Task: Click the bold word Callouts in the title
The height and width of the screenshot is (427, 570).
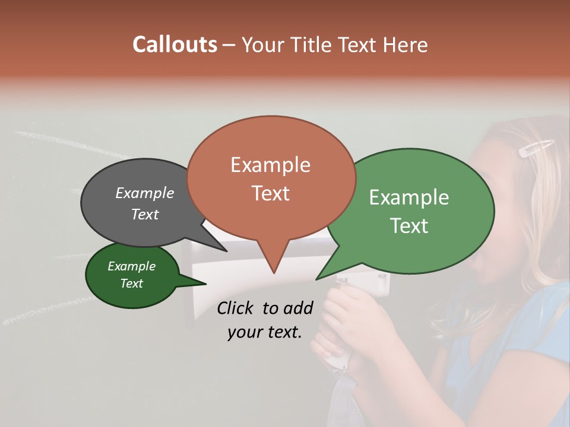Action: pos(175,45)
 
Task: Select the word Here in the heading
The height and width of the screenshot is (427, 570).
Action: pos(406,45)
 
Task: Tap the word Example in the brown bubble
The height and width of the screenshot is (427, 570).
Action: pos(270,165)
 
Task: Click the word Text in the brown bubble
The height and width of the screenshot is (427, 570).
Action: pos(270,193)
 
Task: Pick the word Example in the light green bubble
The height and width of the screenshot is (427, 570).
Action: pos(409,197)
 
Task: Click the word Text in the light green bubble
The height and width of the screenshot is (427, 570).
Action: pos(409,226)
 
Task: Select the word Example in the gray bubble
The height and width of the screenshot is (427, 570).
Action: pos(145,193)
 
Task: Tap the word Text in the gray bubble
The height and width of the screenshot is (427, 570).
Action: pos(145,214)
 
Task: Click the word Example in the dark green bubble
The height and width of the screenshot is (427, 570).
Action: pos(131,266)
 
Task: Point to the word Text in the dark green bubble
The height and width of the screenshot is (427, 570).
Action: pos(131,283)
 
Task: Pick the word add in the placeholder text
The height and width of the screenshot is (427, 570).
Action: pos(298,308)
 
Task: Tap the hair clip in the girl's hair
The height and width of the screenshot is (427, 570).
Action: pos(536,148)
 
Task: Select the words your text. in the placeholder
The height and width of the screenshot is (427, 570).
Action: pos(265,333)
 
